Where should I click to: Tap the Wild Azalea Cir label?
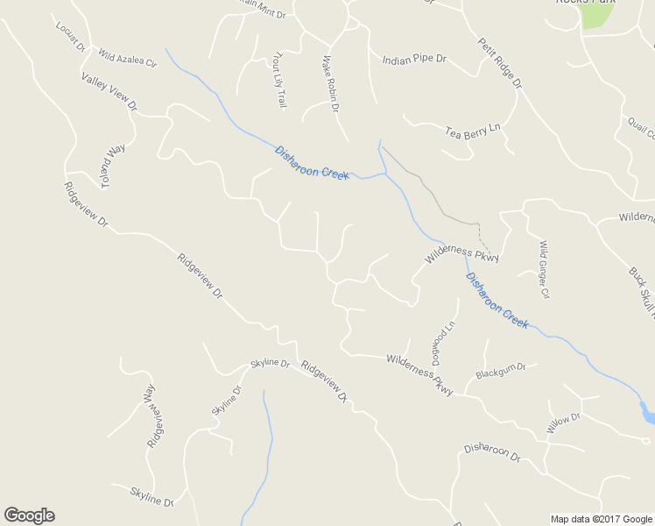(x=127, y=59)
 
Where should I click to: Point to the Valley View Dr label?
(x=110, y=91)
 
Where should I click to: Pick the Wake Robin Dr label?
(x=330, y=84)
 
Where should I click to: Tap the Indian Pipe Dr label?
(x=414, y=60)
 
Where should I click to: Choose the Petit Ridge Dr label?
(x=499, y=62)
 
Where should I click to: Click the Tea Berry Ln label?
(x=472, y=131)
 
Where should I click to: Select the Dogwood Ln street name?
(x=444, y=342)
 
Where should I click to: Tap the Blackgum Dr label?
(x=500, y=372)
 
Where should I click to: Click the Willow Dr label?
(x=564, y=423)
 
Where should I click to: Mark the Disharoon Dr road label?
(x=492, y=453)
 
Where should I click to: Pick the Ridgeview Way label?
(x=152, y=416)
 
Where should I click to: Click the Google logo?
(x=29, y=515)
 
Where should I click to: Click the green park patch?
(x=596, y=16)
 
